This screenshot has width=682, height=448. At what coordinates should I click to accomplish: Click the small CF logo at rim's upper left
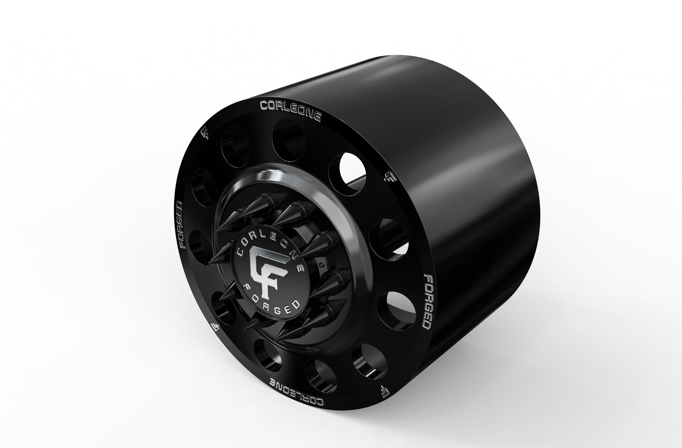[206, 133]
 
